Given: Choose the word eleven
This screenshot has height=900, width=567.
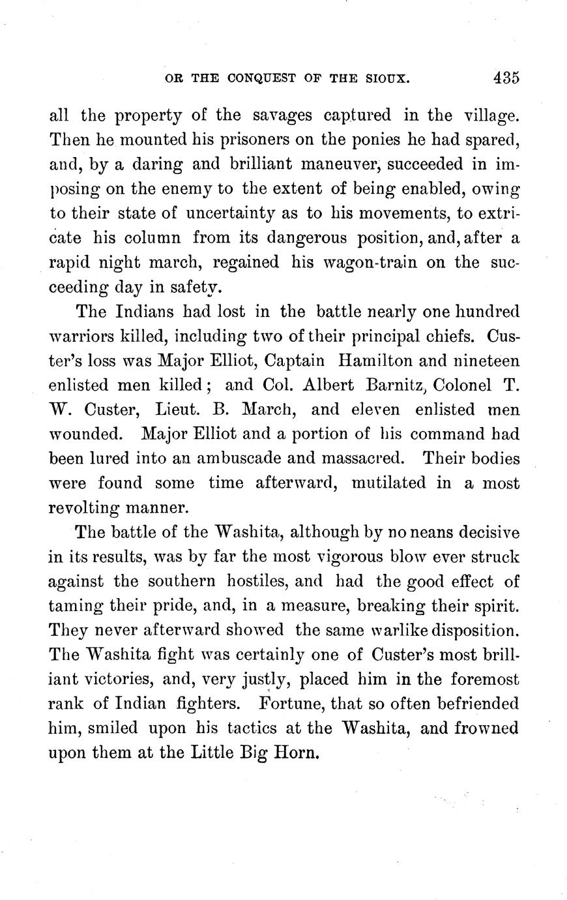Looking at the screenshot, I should coord(376,410).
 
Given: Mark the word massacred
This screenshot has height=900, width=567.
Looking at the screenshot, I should coord(354,458).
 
